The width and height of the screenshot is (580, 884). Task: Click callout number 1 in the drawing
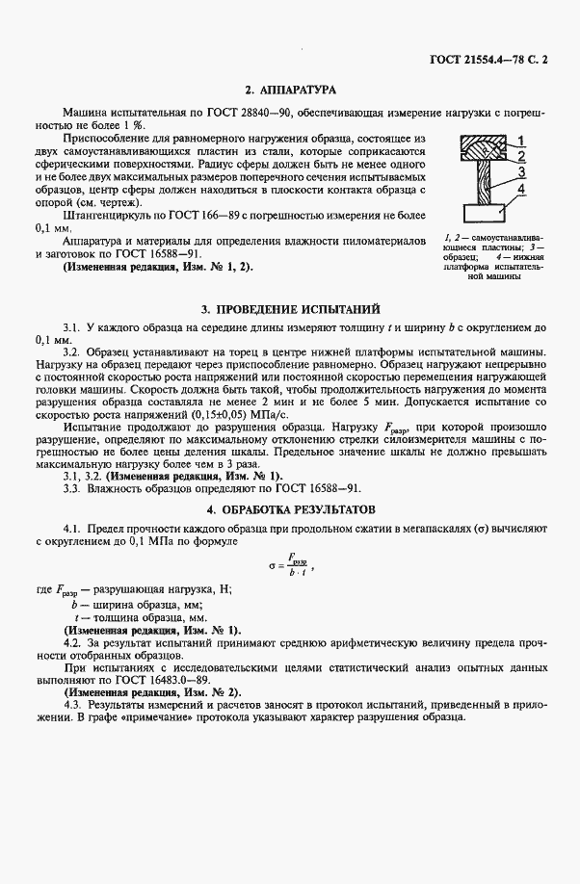[519, 141]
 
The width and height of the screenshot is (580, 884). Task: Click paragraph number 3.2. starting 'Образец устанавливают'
[72, 351]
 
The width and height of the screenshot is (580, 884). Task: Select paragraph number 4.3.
[72, 707]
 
